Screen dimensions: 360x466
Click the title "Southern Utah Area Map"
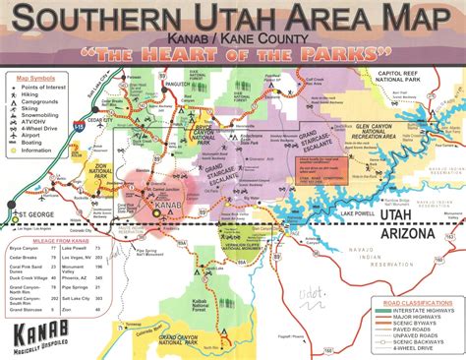[233, 21]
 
